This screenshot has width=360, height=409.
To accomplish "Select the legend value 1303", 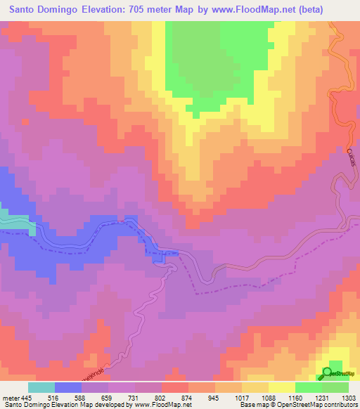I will coord(349,396).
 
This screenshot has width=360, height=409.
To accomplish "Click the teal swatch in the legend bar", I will coord(41,387).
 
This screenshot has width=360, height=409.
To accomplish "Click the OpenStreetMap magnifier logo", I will coord(328,372).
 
